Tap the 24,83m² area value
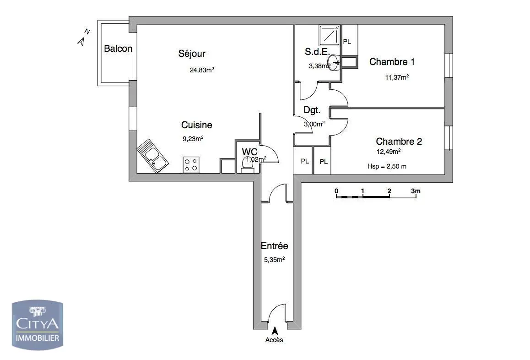point(202,70)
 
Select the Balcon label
point(118,49)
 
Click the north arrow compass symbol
point(83,38)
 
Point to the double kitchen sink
point(153,156)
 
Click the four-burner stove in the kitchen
point(191,164)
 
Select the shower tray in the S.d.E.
point(329,35)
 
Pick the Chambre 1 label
point(392,62)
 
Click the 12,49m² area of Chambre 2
point(388,152)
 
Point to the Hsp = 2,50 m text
point(387,166)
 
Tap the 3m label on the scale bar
point(415,191)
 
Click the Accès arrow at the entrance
point(275,330)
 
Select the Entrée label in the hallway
point(274,246)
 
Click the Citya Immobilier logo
point(37,325)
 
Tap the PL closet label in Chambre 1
point(347,42)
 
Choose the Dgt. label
point(312,110)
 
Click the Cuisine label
point(197,125)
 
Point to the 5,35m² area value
point(274,260)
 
